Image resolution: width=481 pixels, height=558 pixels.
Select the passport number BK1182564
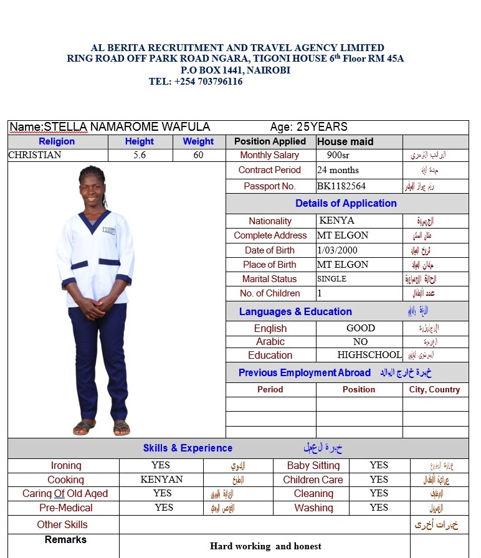coord(341,186)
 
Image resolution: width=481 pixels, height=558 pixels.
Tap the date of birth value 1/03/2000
coord(337,250)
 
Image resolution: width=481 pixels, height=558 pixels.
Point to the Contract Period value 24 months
coord(338,170)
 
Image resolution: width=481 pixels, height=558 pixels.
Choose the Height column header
coord(139,141)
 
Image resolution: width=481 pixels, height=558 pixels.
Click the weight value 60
coord(198,155)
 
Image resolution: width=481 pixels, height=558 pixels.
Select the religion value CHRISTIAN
coord(35,155)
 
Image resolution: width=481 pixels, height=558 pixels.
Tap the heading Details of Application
coord(346,204)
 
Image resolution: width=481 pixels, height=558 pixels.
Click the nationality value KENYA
coord(336,220)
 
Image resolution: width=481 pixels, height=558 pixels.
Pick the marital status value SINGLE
coord(331,279)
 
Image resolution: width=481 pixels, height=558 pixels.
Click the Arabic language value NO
coord(360,342)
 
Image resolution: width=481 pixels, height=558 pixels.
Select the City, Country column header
coord(434,389)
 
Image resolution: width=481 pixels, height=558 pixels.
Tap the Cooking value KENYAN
coord(161,480)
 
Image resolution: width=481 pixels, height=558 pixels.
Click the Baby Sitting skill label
coord(313,465)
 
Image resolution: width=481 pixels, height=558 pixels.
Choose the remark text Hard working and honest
coord(265,546)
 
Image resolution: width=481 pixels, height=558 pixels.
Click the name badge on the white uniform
coord(109,230)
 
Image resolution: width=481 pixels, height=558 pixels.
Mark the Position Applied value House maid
coord(345,141)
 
